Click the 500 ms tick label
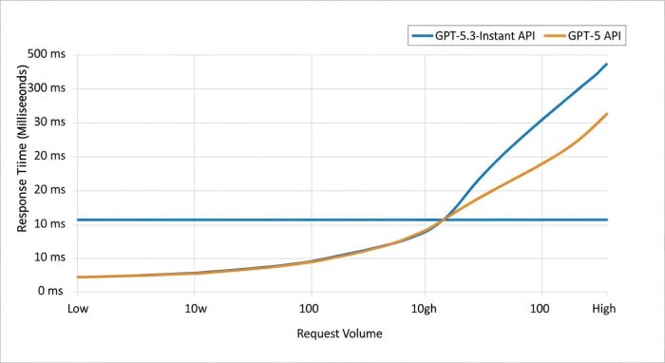pos(46,54)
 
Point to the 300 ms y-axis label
pos(46,88)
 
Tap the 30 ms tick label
pos(48,123)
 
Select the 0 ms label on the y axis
pos(51,291)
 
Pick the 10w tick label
pos(196,310)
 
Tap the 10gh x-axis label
pos(424,310)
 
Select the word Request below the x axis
pos(318,334)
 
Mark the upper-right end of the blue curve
pos(607,64)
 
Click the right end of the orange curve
pos(607,114)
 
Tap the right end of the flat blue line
pos(607,220)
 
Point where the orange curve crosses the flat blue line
pos(443,220)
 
